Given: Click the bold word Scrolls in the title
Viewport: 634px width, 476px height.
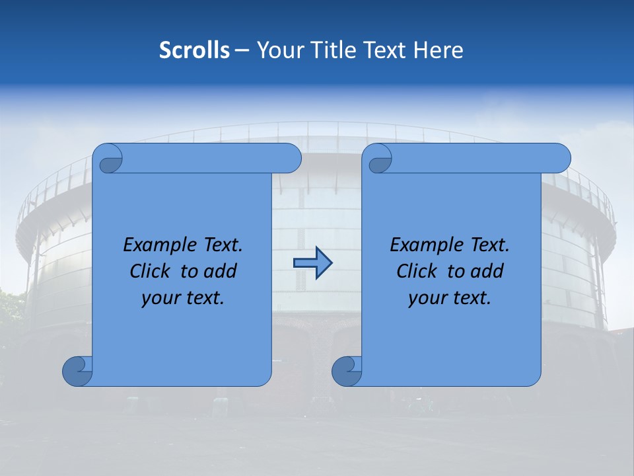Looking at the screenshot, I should point(194,50).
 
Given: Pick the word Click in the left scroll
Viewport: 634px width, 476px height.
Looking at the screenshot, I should point(150,271).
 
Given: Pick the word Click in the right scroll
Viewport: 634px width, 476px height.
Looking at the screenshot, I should point(417,271).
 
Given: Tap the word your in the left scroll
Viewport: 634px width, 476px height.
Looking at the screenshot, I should point(158,298).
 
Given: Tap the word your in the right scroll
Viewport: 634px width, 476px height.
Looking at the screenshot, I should point(425,298).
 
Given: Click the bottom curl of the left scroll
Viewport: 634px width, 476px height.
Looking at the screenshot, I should point(77,371).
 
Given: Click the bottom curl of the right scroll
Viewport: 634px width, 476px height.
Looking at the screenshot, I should point(346,371).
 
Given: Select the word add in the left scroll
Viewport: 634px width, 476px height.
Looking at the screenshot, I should point(221,271).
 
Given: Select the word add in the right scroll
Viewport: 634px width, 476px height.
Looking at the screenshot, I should point(488,271).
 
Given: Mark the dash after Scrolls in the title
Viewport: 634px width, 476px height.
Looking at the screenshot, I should point(242,50).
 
